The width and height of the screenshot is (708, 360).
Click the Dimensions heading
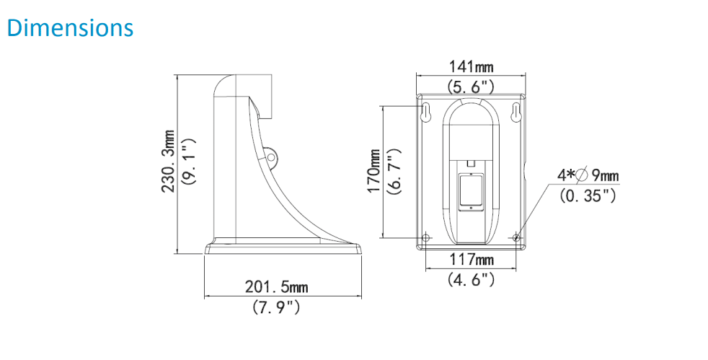click(70, 27)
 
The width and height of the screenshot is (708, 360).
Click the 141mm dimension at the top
click(471, 67)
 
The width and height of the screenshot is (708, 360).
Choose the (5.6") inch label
click(471, 87)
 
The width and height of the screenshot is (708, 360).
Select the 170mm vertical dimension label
click(373, 170)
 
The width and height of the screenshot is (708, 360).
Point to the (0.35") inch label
click(587, 195)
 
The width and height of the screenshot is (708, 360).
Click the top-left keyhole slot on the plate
click(426, 113)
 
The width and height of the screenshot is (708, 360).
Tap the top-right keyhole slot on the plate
click(516, 113)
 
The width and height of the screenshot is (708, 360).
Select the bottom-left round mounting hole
click(426, 236)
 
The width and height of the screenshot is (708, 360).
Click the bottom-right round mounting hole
click(517, 236)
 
